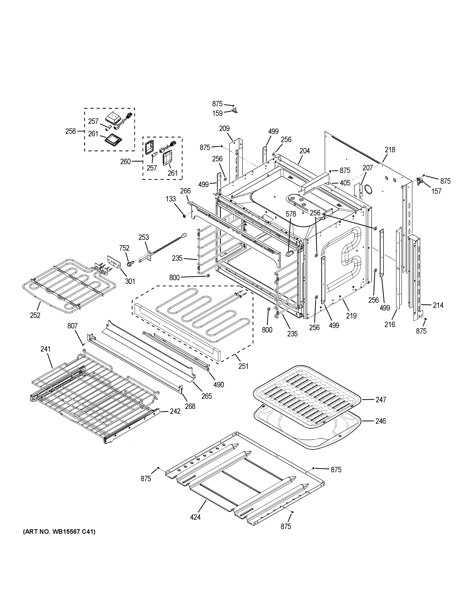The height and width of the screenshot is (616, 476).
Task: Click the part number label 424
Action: point(195,517)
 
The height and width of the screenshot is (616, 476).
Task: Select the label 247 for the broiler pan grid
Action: point(381,399)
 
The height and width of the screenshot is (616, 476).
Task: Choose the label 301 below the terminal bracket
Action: point(130,281)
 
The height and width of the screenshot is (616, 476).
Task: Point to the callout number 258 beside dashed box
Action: point(71,131)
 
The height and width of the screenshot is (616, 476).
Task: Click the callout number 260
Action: point(125,162)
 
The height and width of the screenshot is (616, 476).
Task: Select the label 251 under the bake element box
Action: point(243,366)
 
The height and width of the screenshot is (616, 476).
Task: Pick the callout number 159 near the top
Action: point(217,113)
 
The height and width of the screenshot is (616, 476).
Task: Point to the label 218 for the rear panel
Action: point(390,150)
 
